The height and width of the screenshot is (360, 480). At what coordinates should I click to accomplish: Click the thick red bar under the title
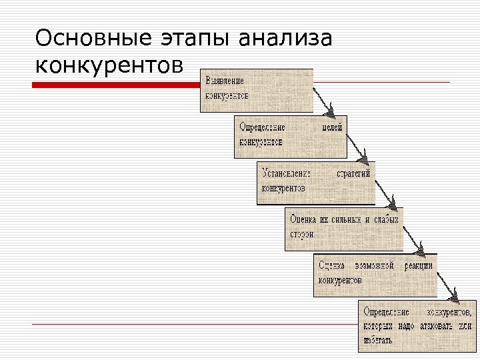click(117, 85)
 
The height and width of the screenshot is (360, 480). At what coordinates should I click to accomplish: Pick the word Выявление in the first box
click(225, 81)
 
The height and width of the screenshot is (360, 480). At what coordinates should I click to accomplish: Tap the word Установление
click(287, 173)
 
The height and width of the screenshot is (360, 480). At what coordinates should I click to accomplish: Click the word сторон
click(301, 234)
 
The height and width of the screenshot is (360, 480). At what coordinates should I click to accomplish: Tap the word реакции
click(418, 265)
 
